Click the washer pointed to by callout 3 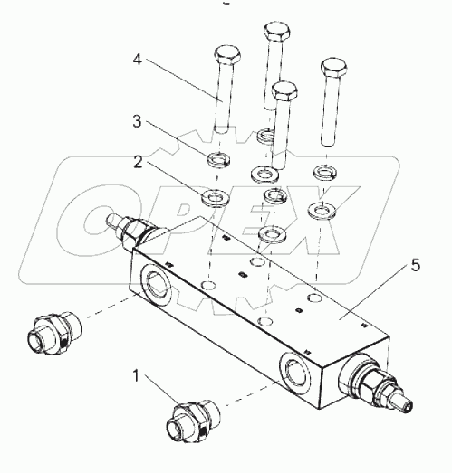218,160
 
